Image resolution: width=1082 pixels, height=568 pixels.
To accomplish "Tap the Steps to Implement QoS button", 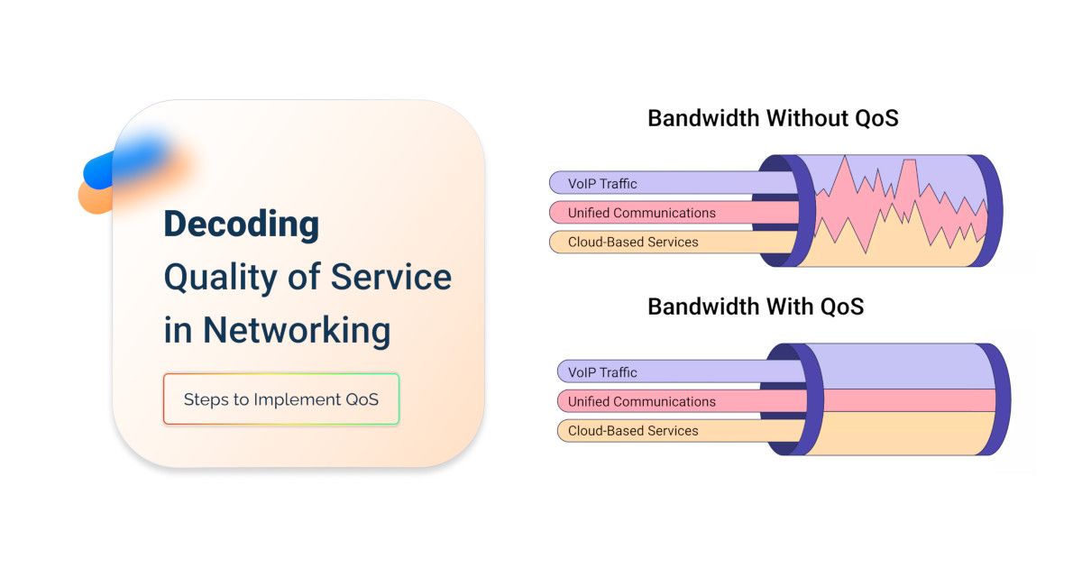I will pyautogui.click(x=280, y=399).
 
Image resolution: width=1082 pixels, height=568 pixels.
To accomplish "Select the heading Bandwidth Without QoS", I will pyautogui.click(x=773, y=118).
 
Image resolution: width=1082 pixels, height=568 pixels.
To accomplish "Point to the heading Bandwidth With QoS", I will pyautogui.click(x=756, y=307).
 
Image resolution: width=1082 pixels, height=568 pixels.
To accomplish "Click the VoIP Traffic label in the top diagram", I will pyautogui.click(x=602, y=184).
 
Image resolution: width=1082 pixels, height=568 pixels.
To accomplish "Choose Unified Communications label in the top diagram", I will pyautogui.click(x=641, y=213).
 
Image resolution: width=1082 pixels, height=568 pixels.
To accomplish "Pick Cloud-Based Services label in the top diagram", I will pyautogui.click(x=633, y=242).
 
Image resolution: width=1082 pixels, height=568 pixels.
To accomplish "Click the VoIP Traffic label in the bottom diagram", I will pyautogui.click(x=602, y=372).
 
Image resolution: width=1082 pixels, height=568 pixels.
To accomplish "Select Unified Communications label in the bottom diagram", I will pyautogui.click(x=641, y=401).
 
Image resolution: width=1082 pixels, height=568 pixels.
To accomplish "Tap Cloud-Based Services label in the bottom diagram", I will pyautogui.click(x=633, y=431).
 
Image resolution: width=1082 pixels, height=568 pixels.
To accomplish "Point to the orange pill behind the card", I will pyautogui.click(x=95, y=197).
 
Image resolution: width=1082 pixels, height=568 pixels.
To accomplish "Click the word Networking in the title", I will pyautogui.click(x=296, y=330).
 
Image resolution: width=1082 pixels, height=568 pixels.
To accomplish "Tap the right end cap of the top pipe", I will pyautogui.click(x=988, y=211).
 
